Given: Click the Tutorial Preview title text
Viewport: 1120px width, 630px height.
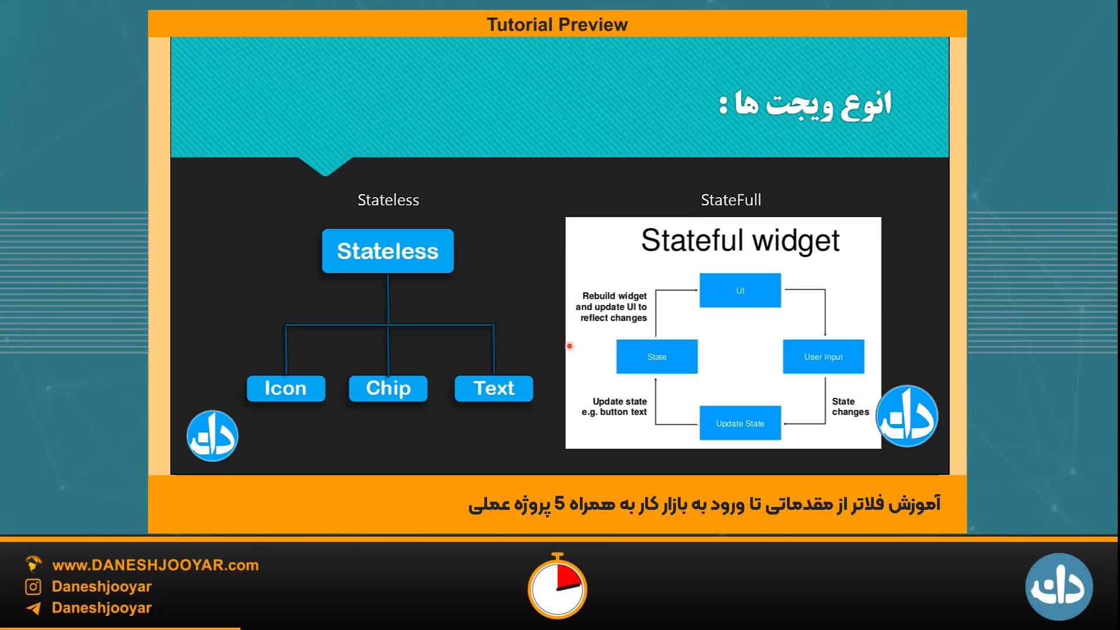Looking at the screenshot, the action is tap(557, 24).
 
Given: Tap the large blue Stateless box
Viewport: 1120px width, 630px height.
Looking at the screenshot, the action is tap(388, 251).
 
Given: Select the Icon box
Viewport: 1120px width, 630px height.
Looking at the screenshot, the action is tap(286, 388).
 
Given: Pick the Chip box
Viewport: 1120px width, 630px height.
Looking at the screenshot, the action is tap(388, 388).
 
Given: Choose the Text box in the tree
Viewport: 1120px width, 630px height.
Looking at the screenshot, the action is tap(494, 388).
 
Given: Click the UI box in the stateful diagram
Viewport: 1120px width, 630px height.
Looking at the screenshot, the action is tap(740, 290).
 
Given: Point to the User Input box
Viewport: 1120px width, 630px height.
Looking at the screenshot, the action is tap(824, 356).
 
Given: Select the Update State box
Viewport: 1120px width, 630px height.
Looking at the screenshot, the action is tap(740, 423).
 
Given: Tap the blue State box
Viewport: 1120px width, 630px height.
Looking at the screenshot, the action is tap(657, 356).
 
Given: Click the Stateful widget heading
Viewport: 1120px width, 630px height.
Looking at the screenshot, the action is tap(740, 241).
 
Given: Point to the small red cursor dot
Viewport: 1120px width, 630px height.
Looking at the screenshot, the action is tap(570, 346).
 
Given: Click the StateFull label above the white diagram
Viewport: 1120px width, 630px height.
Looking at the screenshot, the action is tap(731, 200).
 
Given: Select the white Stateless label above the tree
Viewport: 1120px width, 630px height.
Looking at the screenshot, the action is tap(388, 200).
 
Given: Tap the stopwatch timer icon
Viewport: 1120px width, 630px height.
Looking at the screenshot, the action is tap(558, 586).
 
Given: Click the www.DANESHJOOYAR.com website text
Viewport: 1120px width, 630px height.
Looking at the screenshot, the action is tap(155, 565).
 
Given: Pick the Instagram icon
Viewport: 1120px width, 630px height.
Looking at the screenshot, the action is tap(33, 587).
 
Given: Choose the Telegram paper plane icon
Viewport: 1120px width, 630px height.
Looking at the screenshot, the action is tap(33, 608).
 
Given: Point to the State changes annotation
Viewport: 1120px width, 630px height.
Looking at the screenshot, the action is tap(850, 407).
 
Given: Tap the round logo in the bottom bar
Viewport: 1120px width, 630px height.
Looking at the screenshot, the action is tap(1059, 587).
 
